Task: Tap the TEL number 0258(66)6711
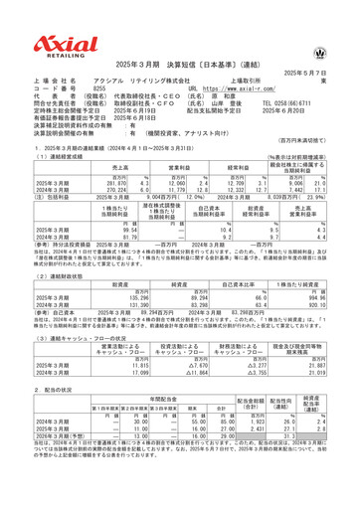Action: pyautogui.click(x=298, y=74)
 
